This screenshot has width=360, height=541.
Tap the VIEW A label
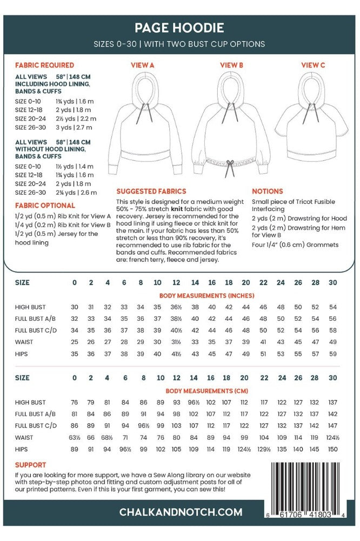(143, 65)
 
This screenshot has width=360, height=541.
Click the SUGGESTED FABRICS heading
(151, 192)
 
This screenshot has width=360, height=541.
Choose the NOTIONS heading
(267, 192)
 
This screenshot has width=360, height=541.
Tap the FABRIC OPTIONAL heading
(45, 206)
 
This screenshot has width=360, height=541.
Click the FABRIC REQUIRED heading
(44, 65)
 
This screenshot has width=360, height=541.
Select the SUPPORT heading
(30, 465)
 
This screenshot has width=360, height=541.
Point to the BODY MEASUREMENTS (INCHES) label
(206, 296)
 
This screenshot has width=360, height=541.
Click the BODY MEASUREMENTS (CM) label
(206, 390)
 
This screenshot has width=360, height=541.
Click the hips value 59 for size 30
(332, 354)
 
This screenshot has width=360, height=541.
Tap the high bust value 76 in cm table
(75, 403)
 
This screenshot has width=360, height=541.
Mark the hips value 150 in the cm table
(332, 449)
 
